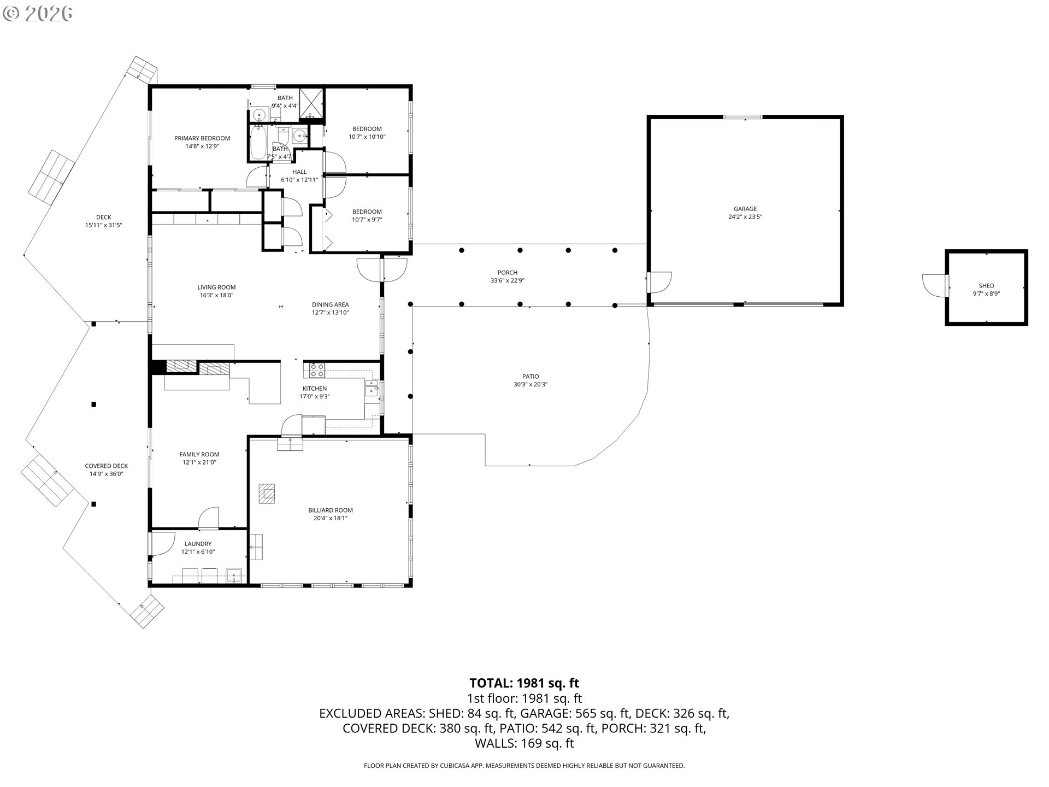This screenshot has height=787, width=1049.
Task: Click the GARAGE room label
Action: point(745,209)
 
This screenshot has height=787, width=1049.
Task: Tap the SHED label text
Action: point(986,286)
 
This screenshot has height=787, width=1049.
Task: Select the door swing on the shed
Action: point(933,284)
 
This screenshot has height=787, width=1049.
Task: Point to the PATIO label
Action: point(530,377)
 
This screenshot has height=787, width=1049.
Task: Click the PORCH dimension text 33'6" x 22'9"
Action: point(507,281)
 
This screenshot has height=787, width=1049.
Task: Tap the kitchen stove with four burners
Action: point(317,371)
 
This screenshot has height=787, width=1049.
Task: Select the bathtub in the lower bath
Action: point(259,142)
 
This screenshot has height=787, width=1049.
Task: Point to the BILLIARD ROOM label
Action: point(330,510)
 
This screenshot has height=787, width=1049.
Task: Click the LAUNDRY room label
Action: point(198,544)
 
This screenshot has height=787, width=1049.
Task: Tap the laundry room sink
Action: point(234,575)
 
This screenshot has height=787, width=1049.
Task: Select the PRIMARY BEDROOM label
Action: point(202,138)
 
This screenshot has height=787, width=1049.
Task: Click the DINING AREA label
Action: point(330,305)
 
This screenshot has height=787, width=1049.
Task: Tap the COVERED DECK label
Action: point(106,466)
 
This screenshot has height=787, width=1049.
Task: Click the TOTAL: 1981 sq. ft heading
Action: point(524,683)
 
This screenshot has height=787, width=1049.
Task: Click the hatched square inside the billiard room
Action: point(267,493)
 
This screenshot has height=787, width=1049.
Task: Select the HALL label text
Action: point(299,172)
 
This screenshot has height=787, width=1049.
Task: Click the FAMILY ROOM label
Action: point(199,454)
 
